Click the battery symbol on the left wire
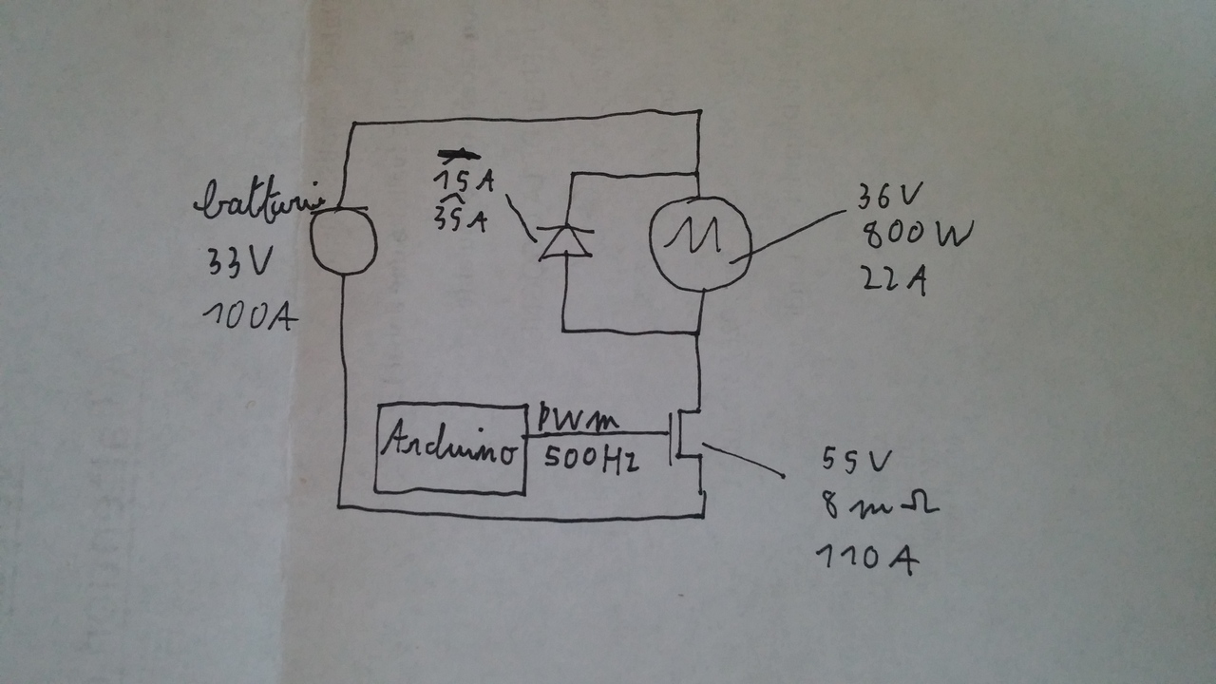coord(343,240)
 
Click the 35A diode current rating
coord(460,220)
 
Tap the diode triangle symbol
coord(563,243)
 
